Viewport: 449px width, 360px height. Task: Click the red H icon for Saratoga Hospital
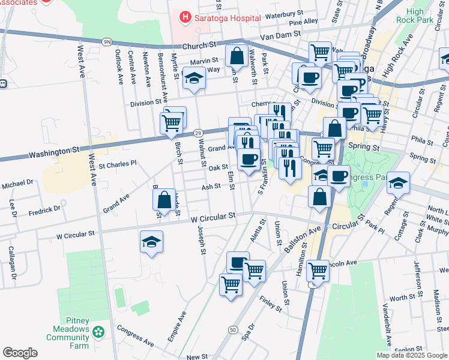pyautogui.click(x=185, y=18)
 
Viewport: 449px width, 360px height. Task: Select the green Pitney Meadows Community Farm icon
pyautogui.click(x=98, y=331)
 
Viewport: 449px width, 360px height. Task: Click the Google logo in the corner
pyautogui.click(x=20, y=353)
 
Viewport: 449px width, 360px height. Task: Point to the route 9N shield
pyautogui.click(x=107, y=41)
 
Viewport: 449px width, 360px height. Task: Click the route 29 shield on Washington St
pyautogui.click(x=199, y=133)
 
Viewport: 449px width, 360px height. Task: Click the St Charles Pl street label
pyautogui.click(x=118, y=163)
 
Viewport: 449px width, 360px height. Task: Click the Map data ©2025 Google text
pyautogui.click(x=412, y=355)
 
